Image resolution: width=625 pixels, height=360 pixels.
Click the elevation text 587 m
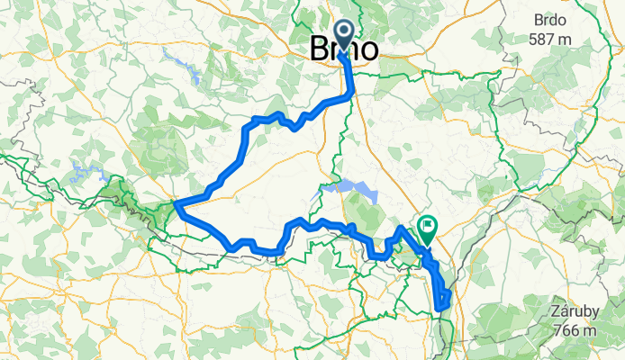pyautogui.click(x=551, y=39)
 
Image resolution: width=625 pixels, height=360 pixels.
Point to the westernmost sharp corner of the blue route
pyautogui.click(x=175, y=206)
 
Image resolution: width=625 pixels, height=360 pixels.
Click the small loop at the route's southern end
pyautogui.click(x=442, y=301)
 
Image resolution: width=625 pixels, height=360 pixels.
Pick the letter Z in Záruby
pyautogui.click(x=553, y=311)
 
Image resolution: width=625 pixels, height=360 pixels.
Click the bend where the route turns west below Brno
pyautogui.click(x=350, y=94)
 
